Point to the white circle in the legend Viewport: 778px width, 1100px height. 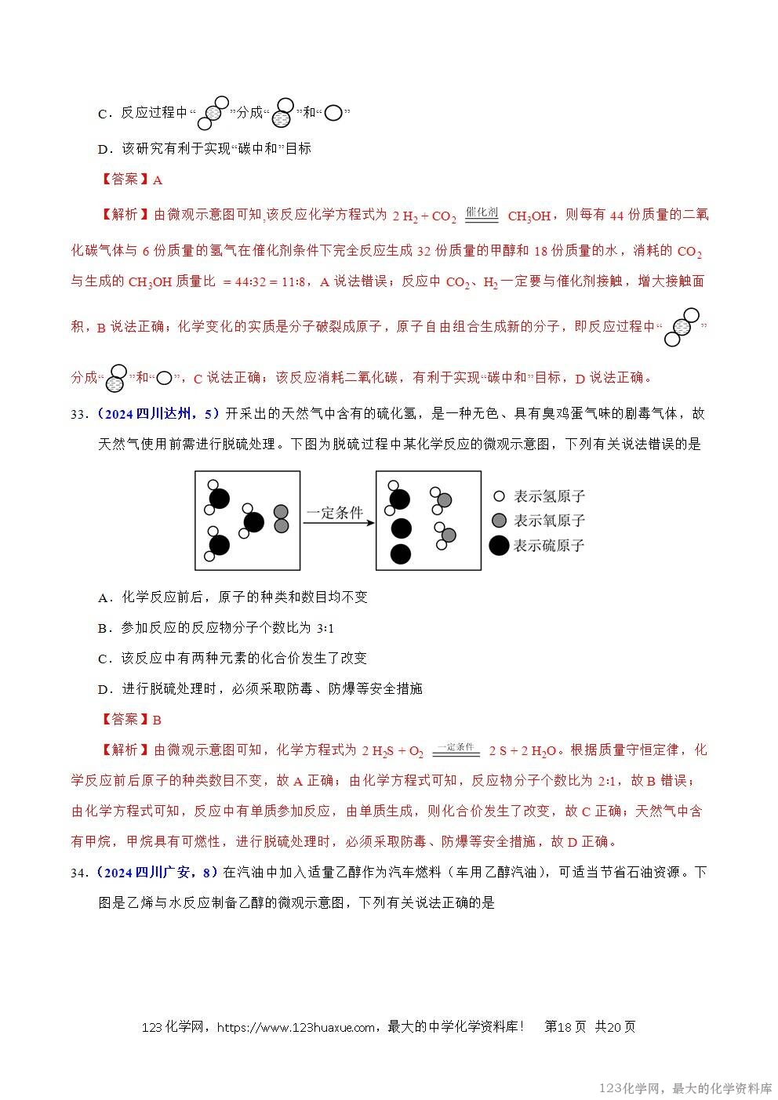pos(498,496)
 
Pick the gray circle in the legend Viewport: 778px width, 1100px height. pos(498,521)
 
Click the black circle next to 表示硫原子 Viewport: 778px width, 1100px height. pos(499,546)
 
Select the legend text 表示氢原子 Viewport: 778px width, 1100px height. pos(549,496)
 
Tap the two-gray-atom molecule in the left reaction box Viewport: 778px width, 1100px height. pos(281,518)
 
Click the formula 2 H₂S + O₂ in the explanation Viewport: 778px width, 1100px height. pos(392,751)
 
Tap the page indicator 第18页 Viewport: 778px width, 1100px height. pos(565,1027)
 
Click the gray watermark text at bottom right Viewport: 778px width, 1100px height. pos(685,1088)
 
